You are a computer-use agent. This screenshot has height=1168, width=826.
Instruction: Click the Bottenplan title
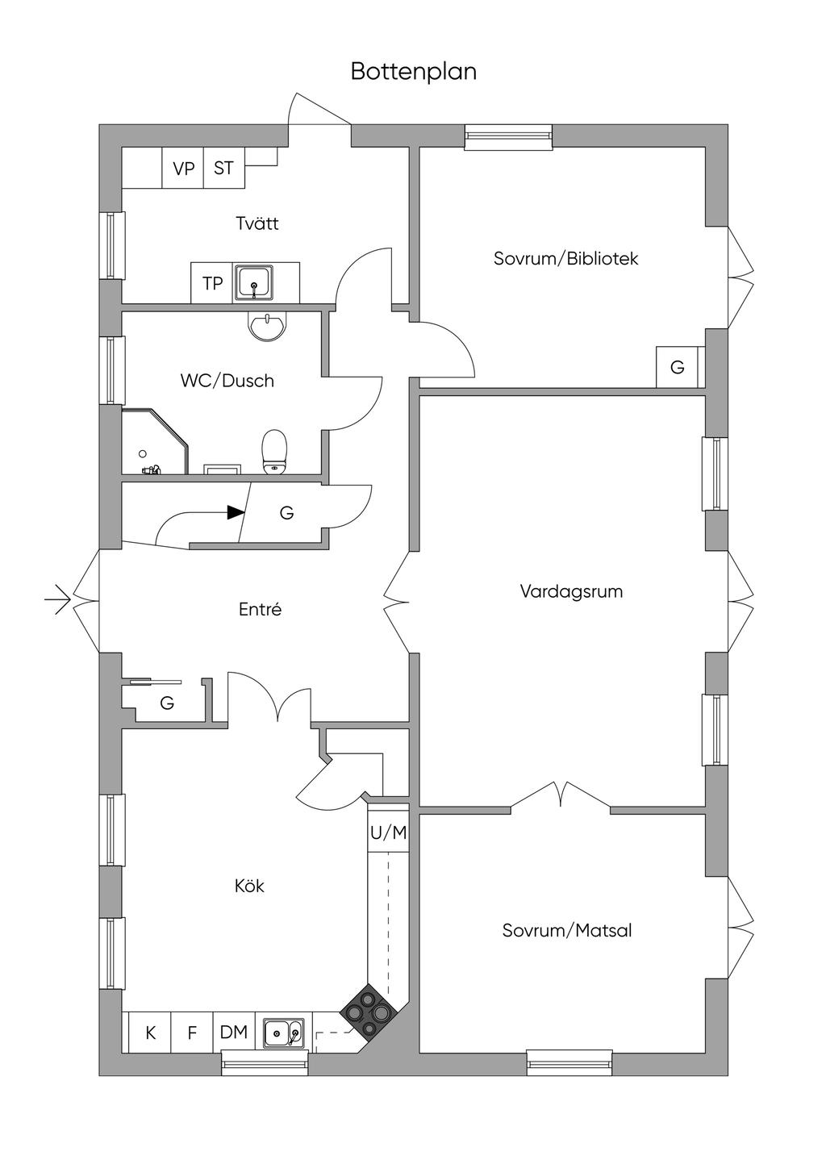pyautogui.click(x=413, y=72)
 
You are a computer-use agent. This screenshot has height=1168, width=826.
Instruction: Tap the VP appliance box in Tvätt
pyautogui.click(x=183, y=169)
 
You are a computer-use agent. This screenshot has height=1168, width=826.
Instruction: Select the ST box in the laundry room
pyautogui.click(x=223, y=169)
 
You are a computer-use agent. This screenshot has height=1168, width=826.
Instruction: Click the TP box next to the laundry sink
pyautogui.click(x=212, y=283)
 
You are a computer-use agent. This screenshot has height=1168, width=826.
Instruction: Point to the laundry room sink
pyautogui.click(x=255, y=283)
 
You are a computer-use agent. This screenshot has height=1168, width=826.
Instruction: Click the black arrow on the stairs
pyautogui.click(x=236, y=511)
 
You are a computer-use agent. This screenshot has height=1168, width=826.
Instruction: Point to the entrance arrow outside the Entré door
pyautogui.click(x=57, y=600)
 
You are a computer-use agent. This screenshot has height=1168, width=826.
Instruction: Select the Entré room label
pyautogui.click(x=260, y=610)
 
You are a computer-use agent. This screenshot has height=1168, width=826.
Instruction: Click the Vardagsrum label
pyautogui.click(x=571, y=591)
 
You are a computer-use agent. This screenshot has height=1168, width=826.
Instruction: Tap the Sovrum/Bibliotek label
pyautogui.click(x=565, y=259)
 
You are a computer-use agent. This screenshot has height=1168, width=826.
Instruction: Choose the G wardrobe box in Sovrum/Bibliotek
pyautogui.click(x=677, y=367)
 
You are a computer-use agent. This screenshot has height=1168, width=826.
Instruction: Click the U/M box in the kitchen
pyautogui.click(x=388, y=832)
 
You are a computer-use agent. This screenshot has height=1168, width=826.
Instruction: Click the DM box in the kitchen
pyautogui.click(x=234, y=1032)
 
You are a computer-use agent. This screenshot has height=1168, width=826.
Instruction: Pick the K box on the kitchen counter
pyautogui.click(x=150, y=1032)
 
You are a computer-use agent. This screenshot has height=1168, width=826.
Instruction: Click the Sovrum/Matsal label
pyautogui.click(x=566, y=931)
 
